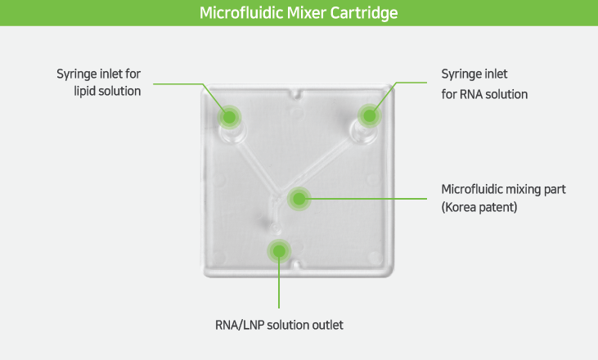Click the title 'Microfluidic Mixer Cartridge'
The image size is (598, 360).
[299, 14]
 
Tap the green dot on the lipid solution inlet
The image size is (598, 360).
[230, 117]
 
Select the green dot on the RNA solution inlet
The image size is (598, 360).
[369, 115]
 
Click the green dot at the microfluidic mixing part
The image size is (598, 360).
[299, 198]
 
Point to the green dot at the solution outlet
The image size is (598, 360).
[279, 250]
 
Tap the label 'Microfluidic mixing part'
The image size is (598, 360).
[503, 189]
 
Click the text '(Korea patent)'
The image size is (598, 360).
[479, 207]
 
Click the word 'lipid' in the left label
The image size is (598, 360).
[86, 92]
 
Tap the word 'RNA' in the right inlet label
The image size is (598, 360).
[472, 94]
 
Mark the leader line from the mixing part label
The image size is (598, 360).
[368, 198]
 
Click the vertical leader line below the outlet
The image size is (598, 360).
[279, 286]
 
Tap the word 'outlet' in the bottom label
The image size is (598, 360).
[327, 325]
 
